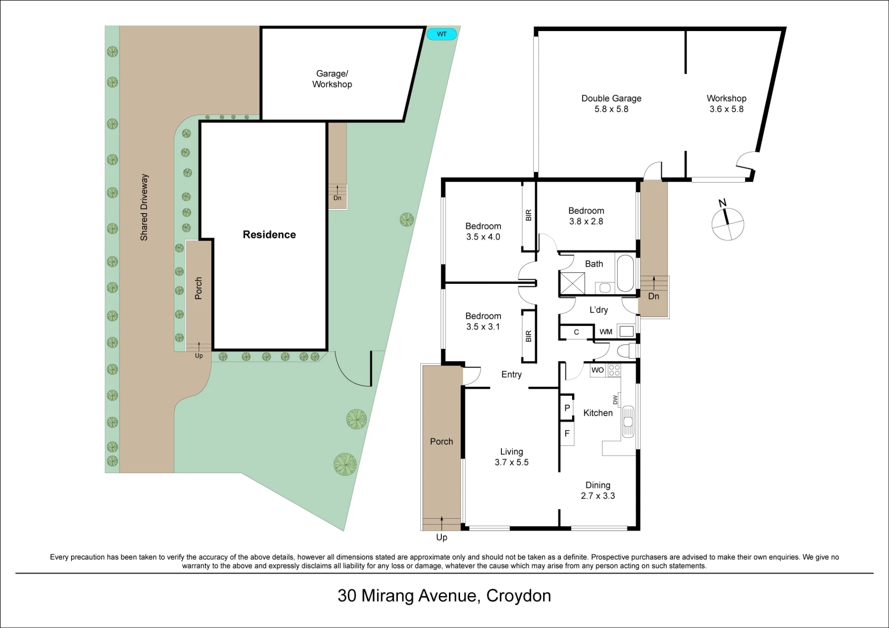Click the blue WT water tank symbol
point(442,34)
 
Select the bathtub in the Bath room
point(625,273)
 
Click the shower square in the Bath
point(573,283)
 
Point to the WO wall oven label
point(597,370)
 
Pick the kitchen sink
point(628,421)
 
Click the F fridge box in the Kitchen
point(567,433)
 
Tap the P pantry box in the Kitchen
point(567,408)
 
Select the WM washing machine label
point(606,332)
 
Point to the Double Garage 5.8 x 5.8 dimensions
point(611,109)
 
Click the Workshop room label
point(726,98)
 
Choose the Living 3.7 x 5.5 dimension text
point(512,462)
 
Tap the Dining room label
point(598,485)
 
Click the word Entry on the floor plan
point(512,374)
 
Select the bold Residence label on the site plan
point(269,235)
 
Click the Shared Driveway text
point(144,207)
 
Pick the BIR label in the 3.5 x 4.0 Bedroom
point(529,215)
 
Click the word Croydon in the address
point(519,596)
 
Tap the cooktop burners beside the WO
point(614,370)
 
